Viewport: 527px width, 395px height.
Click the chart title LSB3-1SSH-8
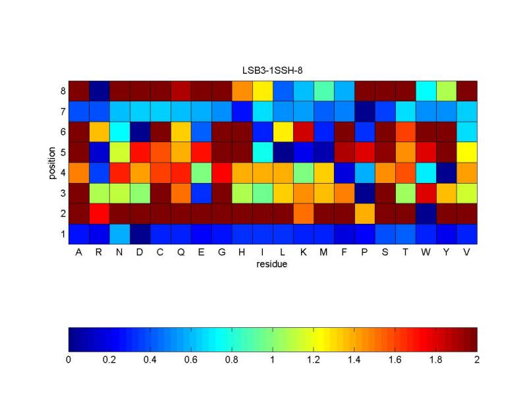273,70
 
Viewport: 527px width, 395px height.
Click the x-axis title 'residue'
273,265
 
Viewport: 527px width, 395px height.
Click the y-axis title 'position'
52,163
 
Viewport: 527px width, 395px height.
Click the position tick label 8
62,91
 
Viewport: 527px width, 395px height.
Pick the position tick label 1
62,234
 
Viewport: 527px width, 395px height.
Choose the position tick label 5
62,152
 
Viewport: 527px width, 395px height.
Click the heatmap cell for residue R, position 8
99,91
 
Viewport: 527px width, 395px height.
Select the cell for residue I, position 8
263,91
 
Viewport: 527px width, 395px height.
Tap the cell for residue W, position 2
426,213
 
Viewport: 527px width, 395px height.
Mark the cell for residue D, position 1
140,234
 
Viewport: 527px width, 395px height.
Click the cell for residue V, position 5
467,152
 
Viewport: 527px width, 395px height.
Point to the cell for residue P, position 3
365,193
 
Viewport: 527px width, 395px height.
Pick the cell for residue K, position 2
304,213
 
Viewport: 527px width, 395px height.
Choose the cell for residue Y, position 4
447,172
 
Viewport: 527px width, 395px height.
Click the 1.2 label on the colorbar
314,360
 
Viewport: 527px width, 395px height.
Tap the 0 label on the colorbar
69,360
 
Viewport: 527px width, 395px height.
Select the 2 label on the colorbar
476,360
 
